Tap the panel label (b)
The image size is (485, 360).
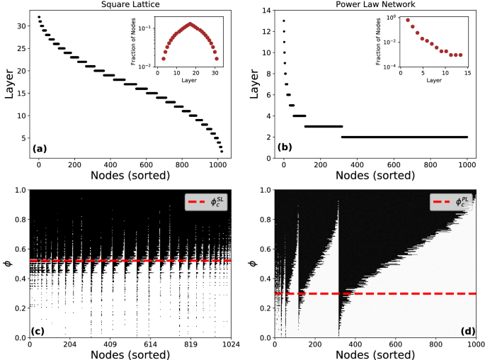(x=287, y=147)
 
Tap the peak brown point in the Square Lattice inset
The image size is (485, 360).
(x=189, y=23)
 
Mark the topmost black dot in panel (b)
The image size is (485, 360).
(x=284, y=20)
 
